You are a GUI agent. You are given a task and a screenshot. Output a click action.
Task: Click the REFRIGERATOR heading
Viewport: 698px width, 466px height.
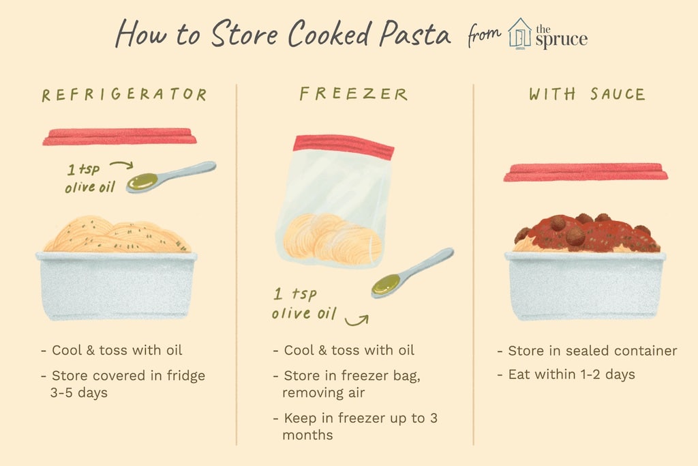point(125,94)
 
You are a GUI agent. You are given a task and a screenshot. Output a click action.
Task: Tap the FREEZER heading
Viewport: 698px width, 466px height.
point(354,94)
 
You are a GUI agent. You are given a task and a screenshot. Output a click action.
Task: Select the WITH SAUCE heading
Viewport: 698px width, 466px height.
point(587,94)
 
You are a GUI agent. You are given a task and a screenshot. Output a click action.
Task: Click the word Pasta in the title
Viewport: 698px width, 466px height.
point(415,34)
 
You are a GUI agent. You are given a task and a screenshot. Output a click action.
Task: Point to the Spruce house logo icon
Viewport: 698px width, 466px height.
point(519,33)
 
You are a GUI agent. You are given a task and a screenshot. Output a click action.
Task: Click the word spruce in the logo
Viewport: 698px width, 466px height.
point(562,40)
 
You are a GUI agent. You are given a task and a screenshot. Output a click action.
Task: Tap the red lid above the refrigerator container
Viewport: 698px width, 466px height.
point(119,136)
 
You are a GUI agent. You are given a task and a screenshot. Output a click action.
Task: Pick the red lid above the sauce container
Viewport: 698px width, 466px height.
point(586,173)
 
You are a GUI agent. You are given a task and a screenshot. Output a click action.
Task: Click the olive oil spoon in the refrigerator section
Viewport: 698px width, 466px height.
point(171,177)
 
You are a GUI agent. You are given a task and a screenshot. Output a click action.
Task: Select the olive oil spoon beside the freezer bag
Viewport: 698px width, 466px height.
point(412,273)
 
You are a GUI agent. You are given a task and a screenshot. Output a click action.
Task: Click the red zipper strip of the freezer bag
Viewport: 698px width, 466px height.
point(344,147)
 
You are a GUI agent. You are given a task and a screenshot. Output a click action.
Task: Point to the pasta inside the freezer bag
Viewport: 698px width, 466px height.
point(333,238)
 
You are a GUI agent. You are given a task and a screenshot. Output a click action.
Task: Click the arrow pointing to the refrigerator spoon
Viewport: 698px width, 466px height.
point(122,165)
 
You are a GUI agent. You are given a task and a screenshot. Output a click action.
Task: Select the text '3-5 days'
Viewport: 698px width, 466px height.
point(79,393)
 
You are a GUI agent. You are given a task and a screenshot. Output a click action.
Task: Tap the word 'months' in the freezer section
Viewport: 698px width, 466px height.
point(307,435)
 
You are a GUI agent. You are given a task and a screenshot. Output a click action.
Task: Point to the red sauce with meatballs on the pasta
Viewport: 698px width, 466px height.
point(587,233)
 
